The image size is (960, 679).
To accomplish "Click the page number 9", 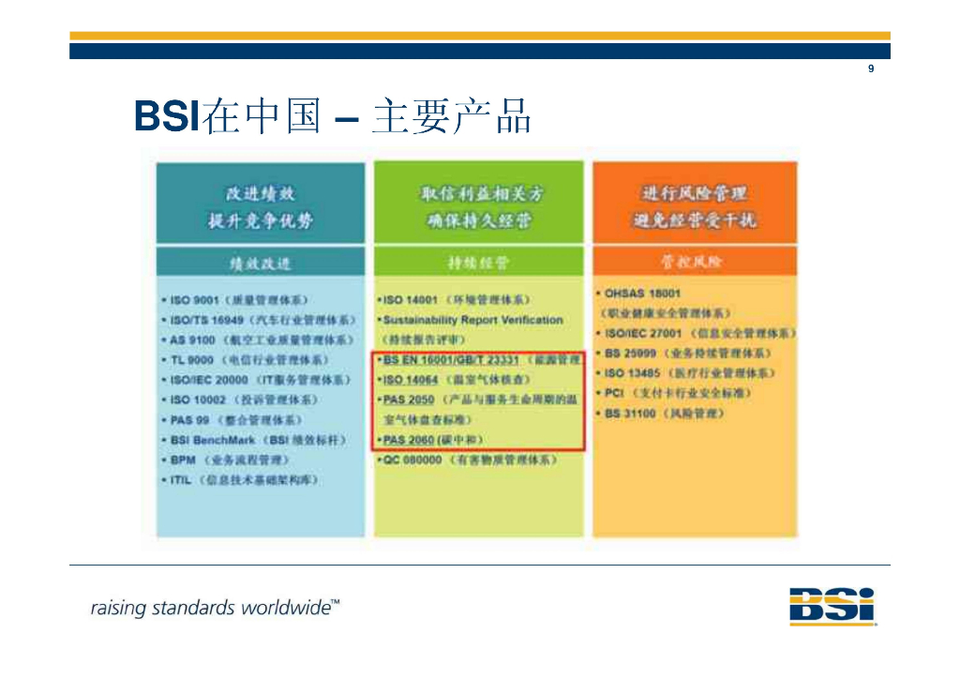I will (x=871, y=69).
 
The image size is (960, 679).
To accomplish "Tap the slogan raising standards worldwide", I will (x=215, y=608).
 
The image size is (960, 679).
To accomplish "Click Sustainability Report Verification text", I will (x=472, y=320).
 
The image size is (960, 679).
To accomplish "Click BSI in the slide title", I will (x=167, y=117).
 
